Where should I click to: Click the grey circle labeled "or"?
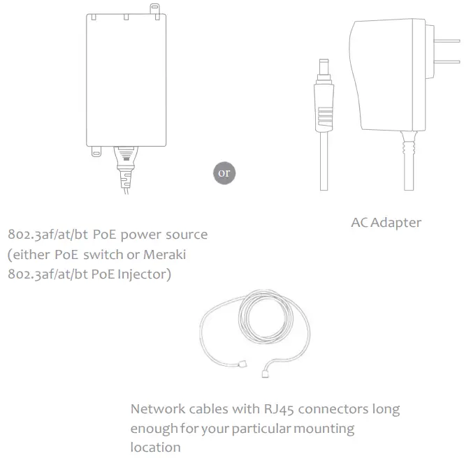tap(224, 172)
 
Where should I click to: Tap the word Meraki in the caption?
tap(166, 254)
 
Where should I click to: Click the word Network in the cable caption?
tap(159, 408)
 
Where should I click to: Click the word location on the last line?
tap(155, 446)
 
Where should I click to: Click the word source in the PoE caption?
tap(185, 235)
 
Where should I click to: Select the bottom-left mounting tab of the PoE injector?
tap(93, 150)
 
